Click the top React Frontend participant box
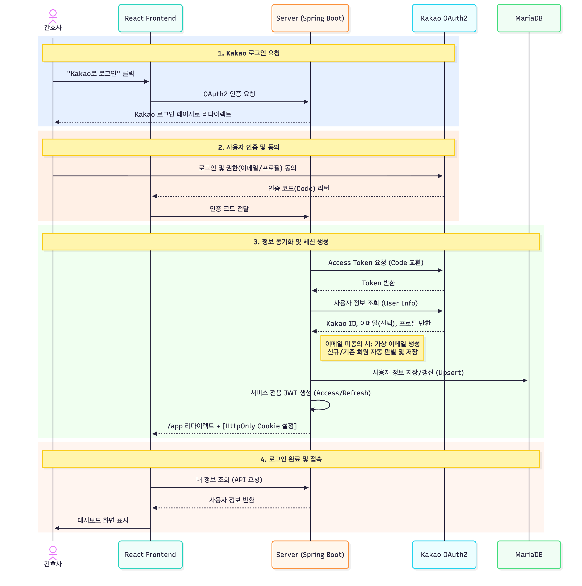click(x=150, y=18)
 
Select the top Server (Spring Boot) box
click(x=310, y=18)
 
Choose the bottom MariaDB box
click(x=528, y=554)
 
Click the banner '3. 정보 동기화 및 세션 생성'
click(x=291, y=242)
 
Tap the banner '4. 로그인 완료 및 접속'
click(x=291, y=459)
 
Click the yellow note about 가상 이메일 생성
click(x=372, y=348)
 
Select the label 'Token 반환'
click(x=378, y=283)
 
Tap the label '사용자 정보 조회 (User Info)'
click(x=375, y=303)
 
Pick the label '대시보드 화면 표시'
click(x=103, y=520)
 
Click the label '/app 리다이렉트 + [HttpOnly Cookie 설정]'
click(x=232, y=426)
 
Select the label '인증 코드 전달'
click(x=229, y=209)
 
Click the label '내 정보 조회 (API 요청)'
click(x=229, y=479)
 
